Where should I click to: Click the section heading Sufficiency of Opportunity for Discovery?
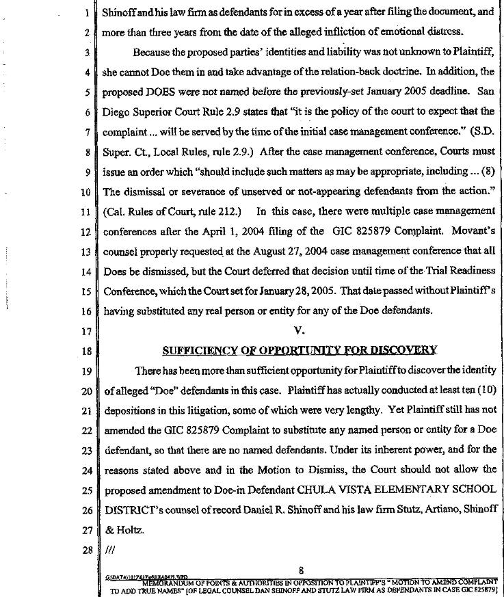299,350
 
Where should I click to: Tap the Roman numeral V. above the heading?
298,332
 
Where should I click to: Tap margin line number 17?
87,332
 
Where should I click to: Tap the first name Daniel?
257,509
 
